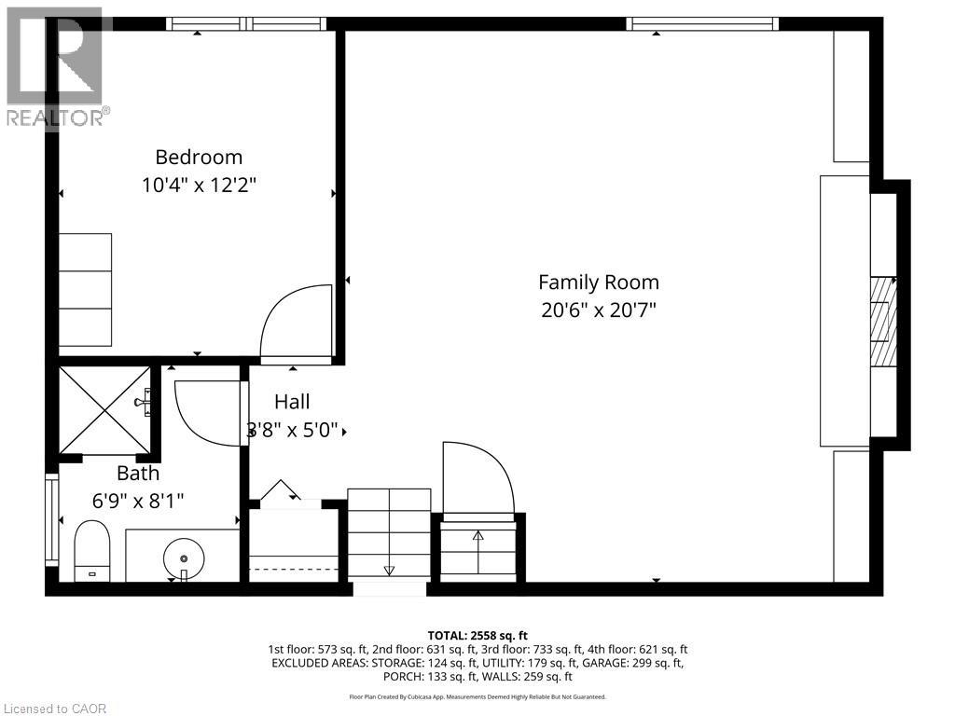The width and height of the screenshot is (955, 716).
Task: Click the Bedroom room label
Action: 199,157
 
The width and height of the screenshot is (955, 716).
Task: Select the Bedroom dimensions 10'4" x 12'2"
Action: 199,185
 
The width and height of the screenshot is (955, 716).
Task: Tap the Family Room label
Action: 599,282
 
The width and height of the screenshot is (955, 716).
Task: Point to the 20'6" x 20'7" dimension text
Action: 599,310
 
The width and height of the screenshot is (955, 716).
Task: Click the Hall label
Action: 292,402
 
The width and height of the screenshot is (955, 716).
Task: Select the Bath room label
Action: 138,473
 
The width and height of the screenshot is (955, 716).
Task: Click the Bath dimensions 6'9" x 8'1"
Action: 138,500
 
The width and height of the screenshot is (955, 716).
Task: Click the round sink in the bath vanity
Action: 184,558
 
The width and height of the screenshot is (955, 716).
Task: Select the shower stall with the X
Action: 104,409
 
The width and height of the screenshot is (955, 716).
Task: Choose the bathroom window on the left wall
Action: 51,520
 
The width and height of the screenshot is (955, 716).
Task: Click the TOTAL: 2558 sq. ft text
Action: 477,636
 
